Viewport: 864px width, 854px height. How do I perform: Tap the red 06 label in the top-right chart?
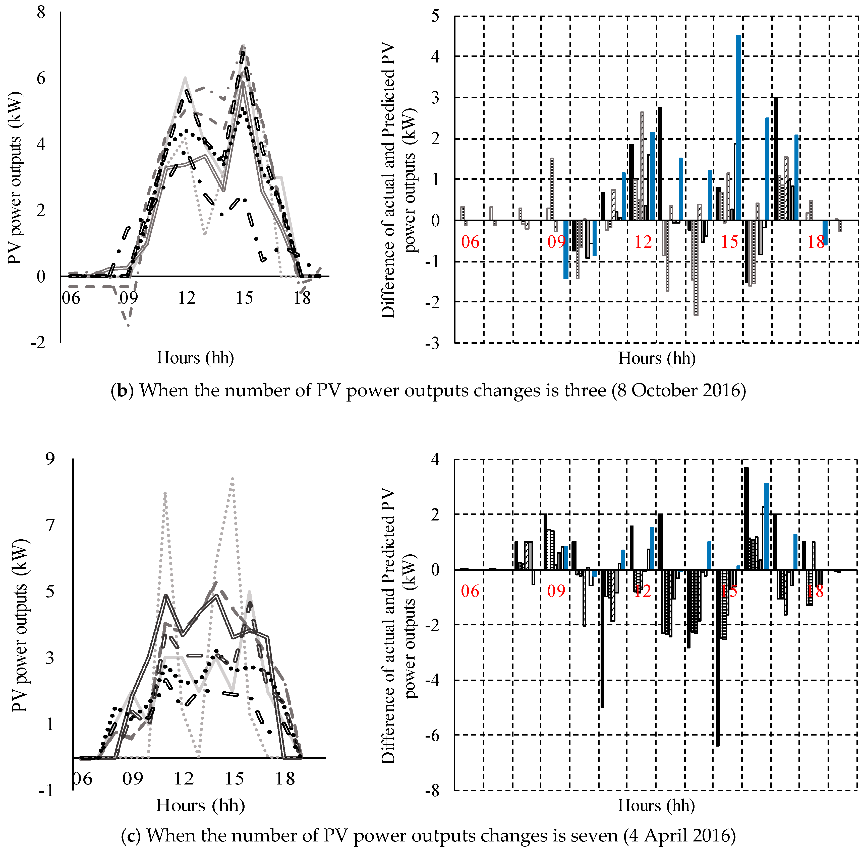(470, 242)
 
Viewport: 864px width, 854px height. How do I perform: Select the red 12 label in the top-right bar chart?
(643, 242)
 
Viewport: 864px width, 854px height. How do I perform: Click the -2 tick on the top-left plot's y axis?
(38, 343)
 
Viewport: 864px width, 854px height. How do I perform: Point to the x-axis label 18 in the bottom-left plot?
(285, 778)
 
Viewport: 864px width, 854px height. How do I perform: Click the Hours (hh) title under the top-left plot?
(195, 358)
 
